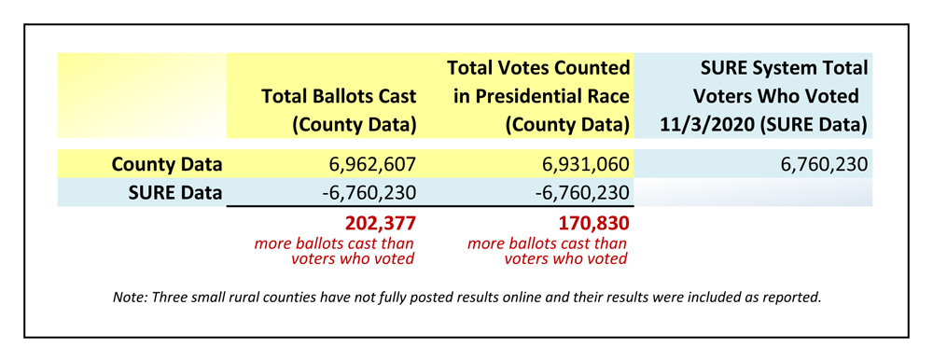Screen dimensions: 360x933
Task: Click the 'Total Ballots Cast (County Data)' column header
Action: tap(339, 109)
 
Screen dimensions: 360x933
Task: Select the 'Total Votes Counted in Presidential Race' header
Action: tap(538, 95)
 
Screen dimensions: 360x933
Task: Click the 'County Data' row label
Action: tap(167, 165)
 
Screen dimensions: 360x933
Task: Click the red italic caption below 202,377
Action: tap(336, 251)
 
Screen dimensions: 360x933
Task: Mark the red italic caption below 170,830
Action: tap(548, 251)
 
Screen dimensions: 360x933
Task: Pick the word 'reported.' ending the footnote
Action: tap(793, 298)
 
